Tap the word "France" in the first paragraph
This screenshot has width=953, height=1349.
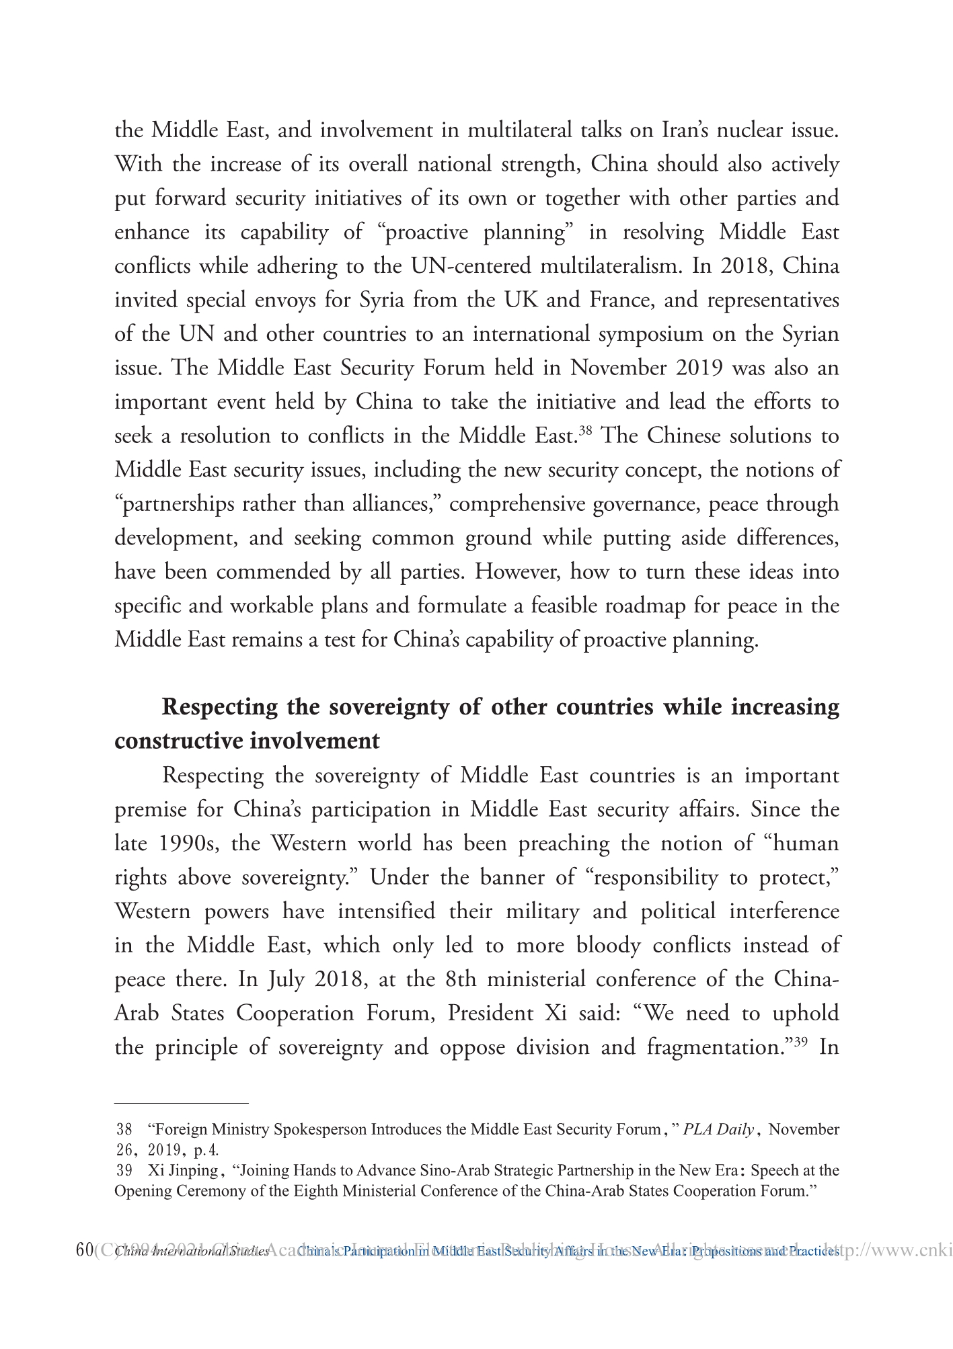coord(621,300)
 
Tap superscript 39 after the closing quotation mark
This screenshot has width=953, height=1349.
coord(800,1041)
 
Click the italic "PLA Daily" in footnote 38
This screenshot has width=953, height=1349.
coord(718,1129)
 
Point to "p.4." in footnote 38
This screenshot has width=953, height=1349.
coord(206,1149)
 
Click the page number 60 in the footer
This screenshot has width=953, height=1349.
coord(84,1250)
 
